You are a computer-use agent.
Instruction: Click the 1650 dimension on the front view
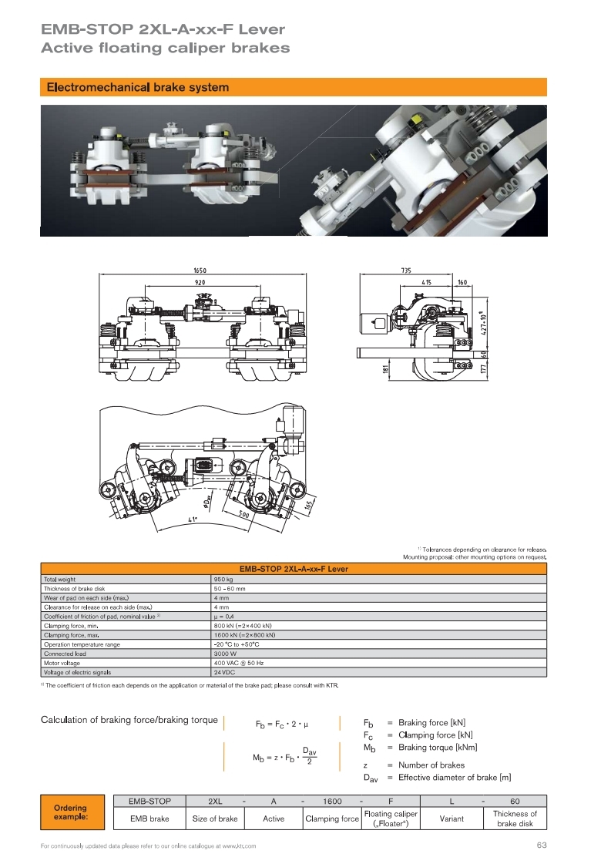pos(200,271)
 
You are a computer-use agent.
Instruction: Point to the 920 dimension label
pos(200,282)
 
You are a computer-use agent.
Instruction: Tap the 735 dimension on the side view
pos(406,271)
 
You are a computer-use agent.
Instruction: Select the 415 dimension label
pos(426,282)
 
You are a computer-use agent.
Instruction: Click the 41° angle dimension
pos(193,519)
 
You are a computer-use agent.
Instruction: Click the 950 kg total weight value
pos(223,580)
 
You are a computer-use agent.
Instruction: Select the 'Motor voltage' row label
pos(62,664)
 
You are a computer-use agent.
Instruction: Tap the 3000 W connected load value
pos(225,654)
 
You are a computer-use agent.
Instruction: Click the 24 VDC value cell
pos(224,673)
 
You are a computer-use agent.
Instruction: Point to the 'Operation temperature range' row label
pos(82,644)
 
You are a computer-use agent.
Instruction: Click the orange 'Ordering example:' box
pos(72,812)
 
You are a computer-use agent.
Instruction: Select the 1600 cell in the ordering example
pos(332,801)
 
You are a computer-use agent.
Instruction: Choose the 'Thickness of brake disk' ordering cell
pos(515,819)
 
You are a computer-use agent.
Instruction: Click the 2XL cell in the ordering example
pos(215,801)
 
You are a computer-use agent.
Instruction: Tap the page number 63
pos(542,846)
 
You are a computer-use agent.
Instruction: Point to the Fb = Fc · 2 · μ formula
pos(281,724)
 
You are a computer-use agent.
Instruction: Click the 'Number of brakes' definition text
pos(431,765)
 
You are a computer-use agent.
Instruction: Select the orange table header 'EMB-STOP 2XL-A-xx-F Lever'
pos(293,569)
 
